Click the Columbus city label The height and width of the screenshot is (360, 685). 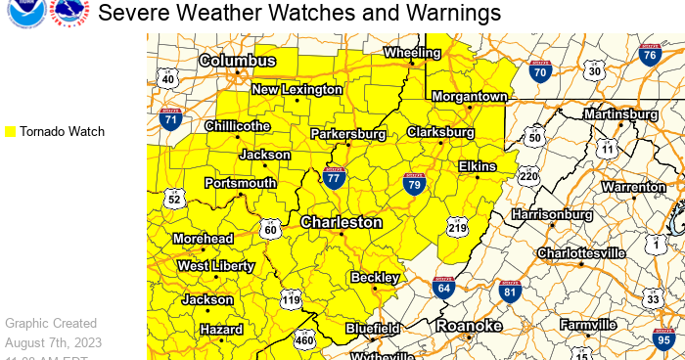point(238,61)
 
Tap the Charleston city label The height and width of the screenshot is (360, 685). point(342,222)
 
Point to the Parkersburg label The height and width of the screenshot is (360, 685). point(349,133)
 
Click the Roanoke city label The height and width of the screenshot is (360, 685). point(469,325)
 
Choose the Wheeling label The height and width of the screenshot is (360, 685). point(413,52)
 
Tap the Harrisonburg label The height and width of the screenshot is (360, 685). point(552,213)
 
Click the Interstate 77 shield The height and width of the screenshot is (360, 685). point(334,178)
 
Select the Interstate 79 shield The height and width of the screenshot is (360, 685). point(414,182)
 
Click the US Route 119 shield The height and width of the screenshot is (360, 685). point(290,300)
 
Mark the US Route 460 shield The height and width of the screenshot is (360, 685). point(304,339)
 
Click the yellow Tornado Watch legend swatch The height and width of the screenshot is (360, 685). point(10,131)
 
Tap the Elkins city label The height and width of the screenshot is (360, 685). point(478,166)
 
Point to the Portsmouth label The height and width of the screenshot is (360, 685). point(240,183)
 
